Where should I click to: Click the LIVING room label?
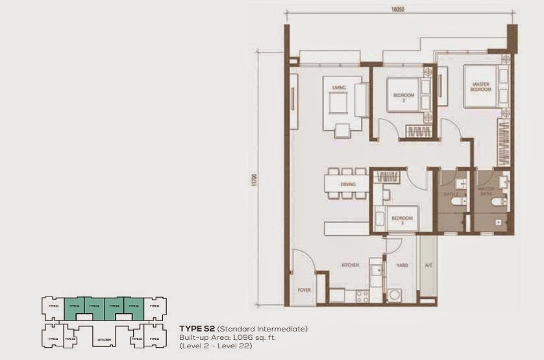338,88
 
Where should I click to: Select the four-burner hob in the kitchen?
362,295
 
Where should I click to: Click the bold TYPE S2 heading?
197,329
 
